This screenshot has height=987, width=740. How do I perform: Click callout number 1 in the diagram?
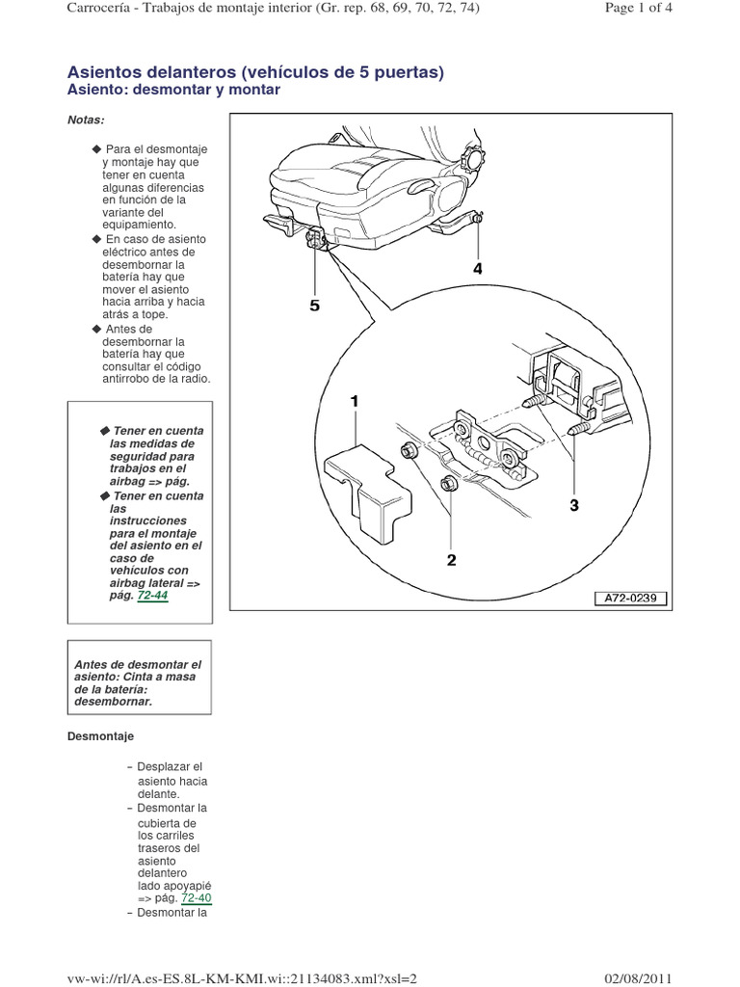(x=355, y=400)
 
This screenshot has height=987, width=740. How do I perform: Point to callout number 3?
(x=574, y=504)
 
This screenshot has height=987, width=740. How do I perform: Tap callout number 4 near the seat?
(x=477, y=271)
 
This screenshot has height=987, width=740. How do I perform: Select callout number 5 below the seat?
(x=313, y=307)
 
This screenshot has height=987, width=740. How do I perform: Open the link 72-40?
(x=196, y=897)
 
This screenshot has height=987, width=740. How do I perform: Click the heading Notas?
(x=86, y=120)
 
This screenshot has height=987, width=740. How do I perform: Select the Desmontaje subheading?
(x=100, y=735)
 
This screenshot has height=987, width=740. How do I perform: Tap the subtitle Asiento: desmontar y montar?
(x=173, y=90)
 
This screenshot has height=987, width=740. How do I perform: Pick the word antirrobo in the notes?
(x=126, y=379)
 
